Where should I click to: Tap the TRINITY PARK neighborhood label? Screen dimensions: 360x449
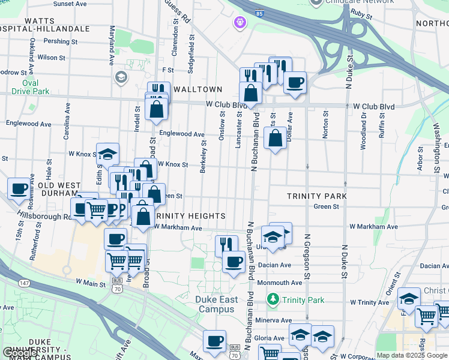[317, 196]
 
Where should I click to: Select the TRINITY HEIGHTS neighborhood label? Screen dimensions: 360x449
[191, 216]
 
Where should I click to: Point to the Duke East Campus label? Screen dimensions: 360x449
[218, 304]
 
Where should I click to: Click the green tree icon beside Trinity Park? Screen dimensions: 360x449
[274, 299]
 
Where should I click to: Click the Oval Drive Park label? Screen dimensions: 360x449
[31, 87]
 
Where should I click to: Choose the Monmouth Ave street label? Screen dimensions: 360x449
[279, 283]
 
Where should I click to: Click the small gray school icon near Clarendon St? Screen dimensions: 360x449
[121, 77]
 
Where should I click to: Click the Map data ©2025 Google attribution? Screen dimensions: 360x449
[412, 355]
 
